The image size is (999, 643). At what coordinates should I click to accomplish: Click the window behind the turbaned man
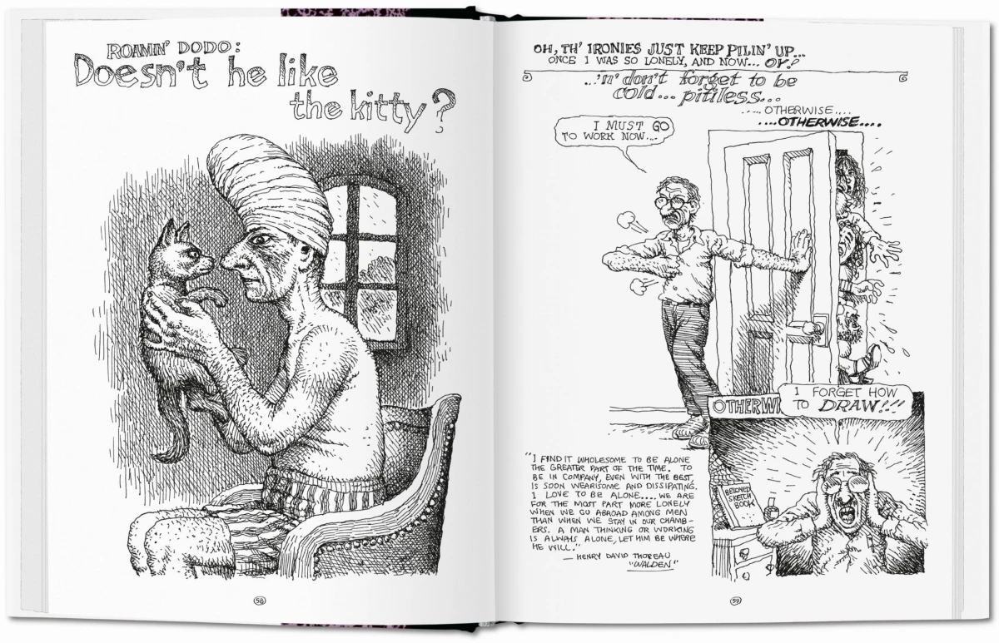362,250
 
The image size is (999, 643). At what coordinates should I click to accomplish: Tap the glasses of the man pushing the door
671,200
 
